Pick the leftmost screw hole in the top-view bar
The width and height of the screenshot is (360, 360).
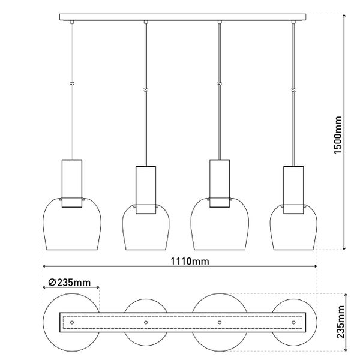point(72,322)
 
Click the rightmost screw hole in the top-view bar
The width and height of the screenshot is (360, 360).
point(293,322)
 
